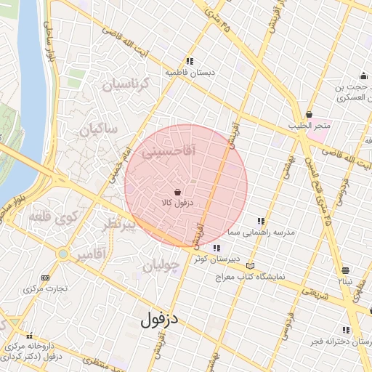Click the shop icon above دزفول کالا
tap(179, 192)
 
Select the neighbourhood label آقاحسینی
tap(153, 153)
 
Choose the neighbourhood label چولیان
tap(161, 266)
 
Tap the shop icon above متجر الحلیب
tap(310, 114)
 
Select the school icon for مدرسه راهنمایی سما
tap(260, 221)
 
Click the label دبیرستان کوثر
tap(211, 258)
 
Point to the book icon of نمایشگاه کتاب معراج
tap(251, 266)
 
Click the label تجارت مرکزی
tap(45, 288)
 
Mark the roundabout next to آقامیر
tap(63, 254)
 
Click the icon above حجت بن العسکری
tap(363, 76)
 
